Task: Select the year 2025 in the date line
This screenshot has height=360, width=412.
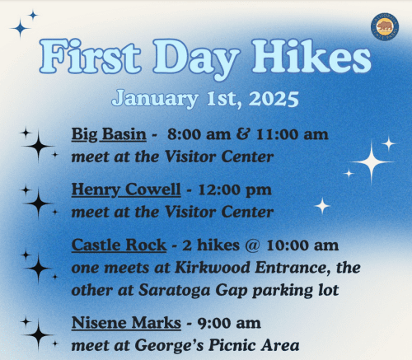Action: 270,99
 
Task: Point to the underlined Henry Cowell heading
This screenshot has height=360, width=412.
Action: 126,190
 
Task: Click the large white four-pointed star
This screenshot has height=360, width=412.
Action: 372,161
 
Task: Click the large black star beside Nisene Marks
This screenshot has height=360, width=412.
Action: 38,334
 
